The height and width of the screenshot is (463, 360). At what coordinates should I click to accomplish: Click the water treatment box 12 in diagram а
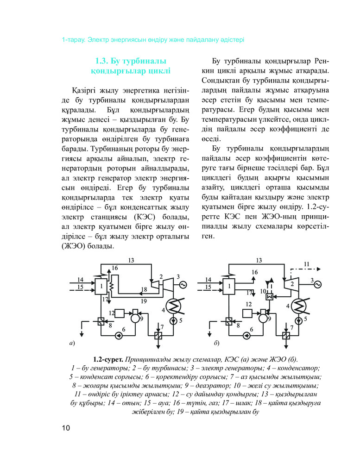pos(121,313)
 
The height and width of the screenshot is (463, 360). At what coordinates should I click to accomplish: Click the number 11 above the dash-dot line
pos(306,263)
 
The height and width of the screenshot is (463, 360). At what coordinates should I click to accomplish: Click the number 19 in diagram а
pos(145,301)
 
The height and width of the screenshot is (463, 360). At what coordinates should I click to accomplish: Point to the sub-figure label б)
pos(216,344)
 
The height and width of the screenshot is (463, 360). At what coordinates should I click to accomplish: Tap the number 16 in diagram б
pos(254,272)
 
